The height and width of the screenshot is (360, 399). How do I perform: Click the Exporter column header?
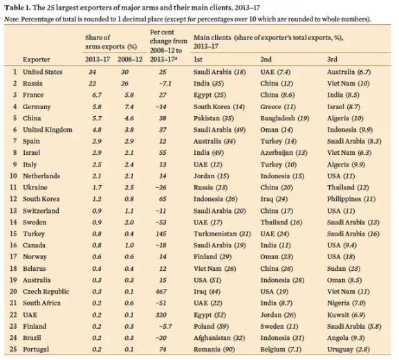tap(37, 59)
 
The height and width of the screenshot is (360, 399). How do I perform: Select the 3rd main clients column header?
tap(332, 59)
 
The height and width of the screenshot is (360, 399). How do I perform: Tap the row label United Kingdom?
tap(48, 130)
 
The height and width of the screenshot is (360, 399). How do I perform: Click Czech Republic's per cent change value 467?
tap(161, 292)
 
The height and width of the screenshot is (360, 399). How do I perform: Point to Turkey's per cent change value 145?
tap(161, 234)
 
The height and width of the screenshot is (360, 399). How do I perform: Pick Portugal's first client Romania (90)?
tap(214, 350)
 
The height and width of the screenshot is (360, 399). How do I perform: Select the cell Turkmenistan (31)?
tap(222, 234)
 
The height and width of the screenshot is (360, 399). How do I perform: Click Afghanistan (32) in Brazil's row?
tap(219, 338)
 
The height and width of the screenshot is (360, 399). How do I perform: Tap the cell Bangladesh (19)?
tap(285, 118)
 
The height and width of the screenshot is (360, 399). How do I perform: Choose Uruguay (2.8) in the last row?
tap(349, 350)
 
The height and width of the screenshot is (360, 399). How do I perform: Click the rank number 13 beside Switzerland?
tap(13, 211)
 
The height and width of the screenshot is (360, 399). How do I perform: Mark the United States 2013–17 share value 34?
tap(93, 72)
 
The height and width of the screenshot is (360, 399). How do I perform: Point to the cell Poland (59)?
tap(211, 326)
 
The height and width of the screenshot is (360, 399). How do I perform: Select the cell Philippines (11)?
tap(351, 199)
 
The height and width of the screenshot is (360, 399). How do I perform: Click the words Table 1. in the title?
tap(17, 8)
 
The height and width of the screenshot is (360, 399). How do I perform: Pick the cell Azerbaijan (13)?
tap(284, 153)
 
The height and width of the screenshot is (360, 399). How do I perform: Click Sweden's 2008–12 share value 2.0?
tap(129, 222)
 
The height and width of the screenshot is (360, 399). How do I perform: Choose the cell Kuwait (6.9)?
tap(346, 315)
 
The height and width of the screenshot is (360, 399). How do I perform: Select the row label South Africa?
tap(41, 303)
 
